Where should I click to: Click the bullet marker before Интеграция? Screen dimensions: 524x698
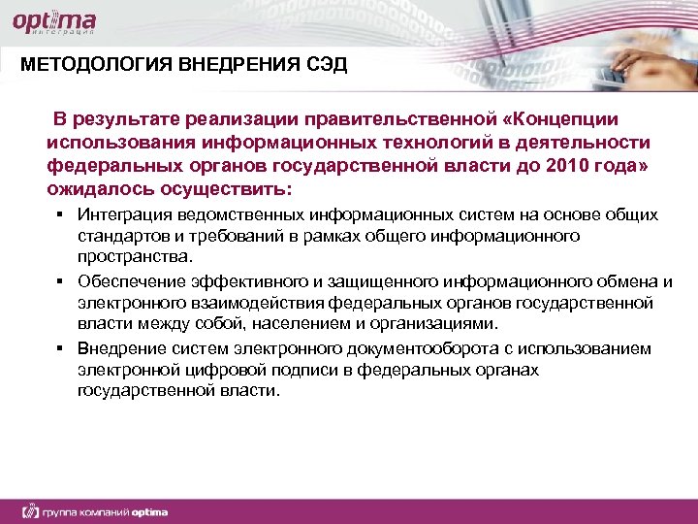(x=59, y=214)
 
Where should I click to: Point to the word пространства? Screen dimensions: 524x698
(x=135, y=257)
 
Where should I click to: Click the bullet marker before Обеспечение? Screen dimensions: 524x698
(x=59, y=281)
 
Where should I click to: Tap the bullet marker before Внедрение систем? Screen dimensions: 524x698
(x=59, y=348)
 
